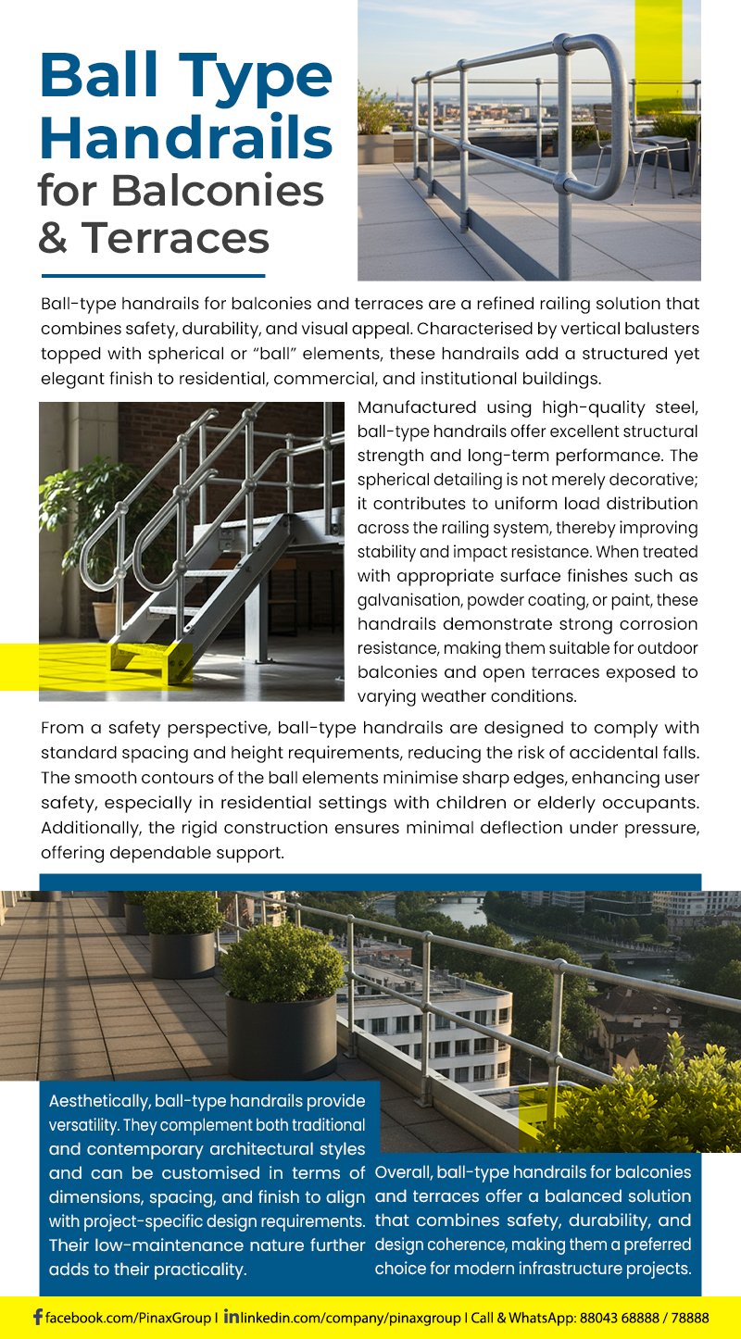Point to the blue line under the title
[x=153, y=275]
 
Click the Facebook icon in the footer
[x=37, y=1317]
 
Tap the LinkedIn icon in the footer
[x=231, y=1316]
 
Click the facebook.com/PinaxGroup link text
[x=130, y=1317]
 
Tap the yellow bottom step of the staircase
[x=148, y=657]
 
